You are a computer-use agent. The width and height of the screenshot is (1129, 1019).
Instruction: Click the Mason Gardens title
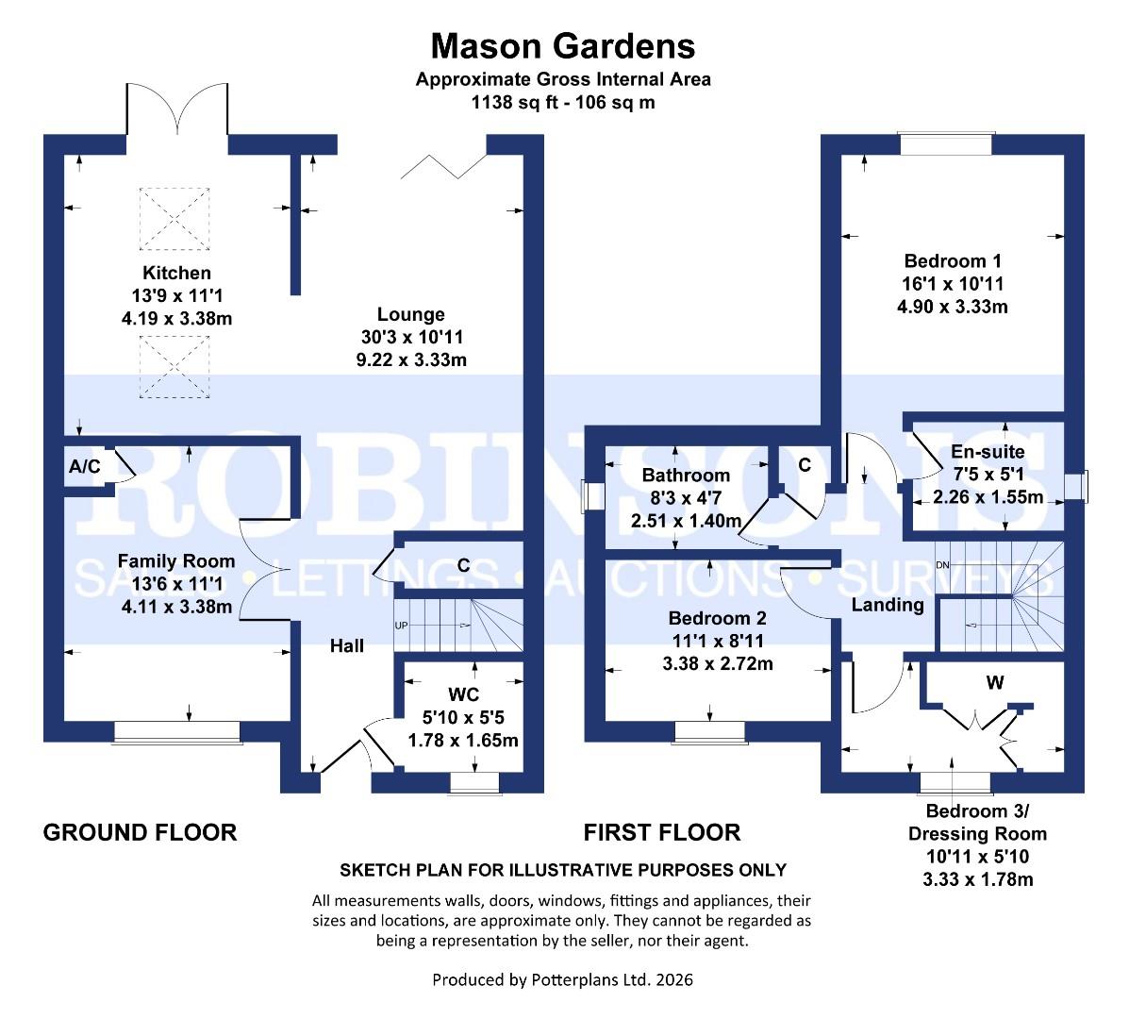click(x=563, y=45)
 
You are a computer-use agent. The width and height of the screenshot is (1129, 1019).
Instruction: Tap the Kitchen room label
click(x=172, y=274)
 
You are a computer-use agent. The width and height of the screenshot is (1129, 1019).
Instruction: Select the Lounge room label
click(x=410, y=315)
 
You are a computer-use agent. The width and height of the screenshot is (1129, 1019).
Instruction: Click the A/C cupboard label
click(x=85, y=466)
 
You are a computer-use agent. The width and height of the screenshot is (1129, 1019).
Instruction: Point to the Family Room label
click(x=176, y=563)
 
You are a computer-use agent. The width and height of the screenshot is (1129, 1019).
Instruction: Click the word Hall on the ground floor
click(x=347, y=646)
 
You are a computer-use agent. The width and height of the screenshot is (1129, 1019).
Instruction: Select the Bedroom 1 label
click(x=953, y=261)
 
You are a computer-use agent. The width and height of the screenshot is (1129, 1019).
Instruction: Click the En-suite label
click(x=988, y=453)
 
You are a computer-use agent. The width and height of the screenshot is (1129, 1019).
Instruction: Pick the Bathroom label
click(x=686, y=476)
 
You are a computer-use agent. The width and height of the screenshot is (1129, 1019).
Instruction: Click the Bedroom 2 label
click(x=718, y=620)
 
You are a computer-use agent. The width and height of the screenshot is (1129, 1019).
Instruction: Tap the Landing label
click(x=888, y=605)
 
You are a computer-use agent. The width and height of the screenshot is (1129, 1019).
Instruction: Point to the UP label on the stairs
click(x=402, y=626)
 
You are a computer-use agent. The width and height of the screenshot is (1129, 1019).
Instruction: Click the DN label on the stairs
click(x=941, y=565)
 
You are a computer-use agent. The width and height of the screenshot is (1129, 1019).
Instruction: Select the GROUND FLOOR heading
click(x=141, y=832)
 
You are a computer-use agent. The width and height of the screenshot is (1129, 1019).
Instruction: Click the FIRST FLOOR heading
click(x=661, y=832)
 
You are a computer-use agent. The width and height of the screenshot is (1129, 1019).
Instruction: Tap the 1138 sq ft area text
click(x=563, y=102)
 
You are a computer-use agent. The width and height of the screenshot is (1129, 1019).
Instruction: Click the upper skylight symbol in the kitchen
click(x=172, y=218)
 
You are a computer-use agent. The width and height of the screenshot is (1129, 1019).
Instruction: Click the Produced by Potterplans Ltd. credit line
click(x=562, y=980)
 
